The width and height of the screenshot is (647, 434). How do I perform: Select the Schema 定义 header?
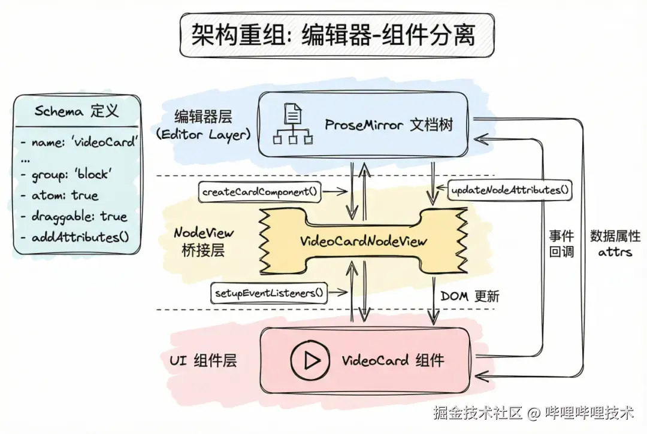coord(77,111)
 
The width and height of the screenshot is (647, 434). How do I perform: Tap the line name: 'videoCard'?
coord(78,142)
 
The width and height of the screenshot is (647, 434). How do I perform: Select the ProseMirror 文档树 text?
coord(389,125)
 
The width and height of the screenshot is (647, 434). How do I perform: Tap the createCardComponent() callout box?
coord(259,192)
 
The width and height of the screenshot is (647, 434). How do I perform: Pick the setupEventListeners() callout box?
coord(270,293)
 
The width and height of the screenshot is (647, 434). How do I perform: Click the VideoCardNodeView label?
coord(364,241)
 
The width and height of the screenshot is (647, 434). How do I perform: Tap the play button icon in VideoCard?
coord(310,360)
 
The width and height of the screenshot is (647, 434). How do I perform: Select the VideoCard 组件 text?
coord(393,360)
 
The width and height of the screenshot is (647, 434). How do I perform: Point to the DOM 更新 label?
coord(470,296)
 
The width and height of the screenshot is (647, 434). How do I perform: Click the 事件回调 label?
coord(561,243)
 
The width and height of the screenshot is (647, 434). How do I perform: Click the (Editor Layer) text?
coord(202,135)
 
